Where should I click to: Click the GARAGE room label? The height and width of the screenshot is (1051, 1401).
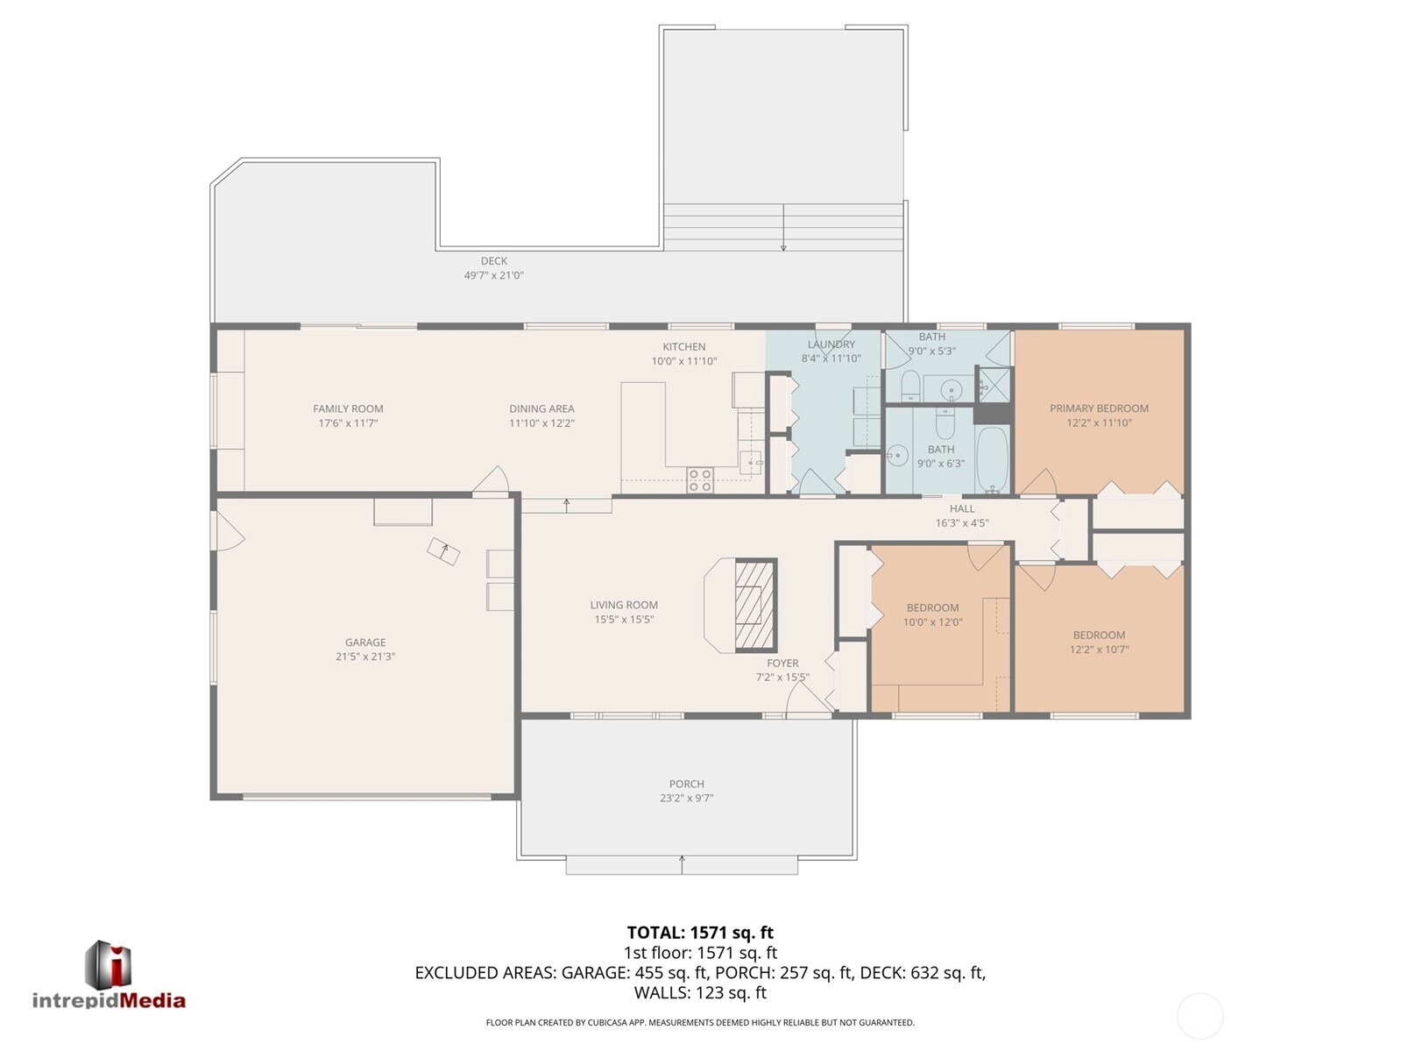[364, 643]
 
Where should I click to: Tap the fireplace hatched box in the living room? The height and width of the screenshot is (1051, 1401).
[754, 605]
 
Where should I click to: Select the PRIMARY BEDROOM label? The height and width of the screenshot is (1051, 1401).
[1099, 408]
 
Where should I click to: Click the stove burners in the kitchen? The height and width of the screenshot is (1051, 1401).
[699, 479]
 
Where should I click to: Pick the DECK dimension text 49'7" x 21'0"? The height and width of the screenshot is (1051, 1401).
[493, 275]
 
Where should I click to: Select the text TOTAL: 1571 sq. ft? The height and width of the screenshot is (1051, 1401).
[699, 933]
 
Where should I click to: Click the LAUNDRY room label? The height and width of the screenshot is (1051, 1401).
[831, 344]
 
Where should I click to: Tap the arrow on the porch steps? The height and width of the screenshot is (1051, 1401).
[682, 864]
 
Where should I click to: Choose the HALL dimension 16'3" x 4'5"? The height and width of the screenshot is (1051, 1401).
[961, 523]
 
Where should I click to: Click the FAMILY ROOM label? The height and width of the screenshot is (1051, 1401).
[348, 408]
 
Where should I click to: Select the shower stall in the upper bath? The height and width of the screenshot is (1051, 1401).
[994, 383]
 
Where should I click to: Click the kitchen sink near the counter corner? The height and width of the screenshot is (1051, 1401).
[750, 462]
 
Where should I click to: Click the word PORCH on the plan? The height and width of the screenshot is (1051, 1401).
[686, 784]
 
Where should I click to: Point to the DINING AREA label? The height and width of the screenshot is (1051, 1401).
[541, 408]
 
